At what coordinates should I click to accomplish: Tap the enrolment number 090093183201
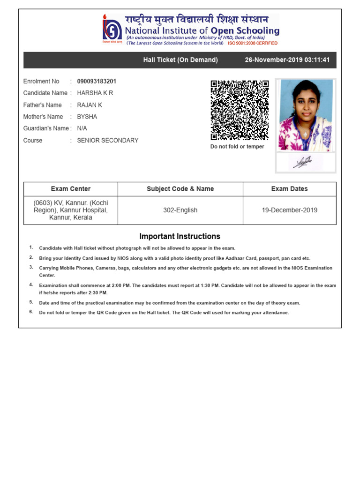[x=97, y=81]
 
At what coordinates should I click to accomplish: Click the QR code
[x=240, y=110]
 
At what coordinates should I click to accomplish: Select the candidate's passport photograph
[x=305, y=115]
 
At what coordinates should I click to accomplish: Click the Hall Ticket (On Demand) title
[x=180, y=60]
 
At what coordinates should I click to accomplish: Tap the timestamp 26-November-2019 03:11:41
[x=287, y=60]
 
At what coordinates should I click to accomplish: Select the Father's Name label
[x=42, y=105]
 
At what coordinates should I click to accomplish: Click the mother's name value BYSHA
[x=87, y=117]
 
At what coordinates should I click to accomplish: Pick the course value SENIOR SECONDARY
[x=107, y=140]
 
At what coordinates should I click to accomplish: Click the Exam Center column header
[x=71, y=189]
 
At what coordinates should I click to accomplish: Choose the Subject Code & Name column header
[x=180, y=189]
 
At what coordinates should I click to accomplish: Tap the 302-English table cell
[x=180, y=210]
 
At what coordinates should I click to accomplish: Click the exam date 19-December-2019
[x=289, y=210]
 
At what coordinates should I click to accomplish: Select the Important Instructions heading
[x=180, y=236]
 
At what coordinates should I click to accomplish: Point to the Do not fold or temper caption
[x=237, y=147]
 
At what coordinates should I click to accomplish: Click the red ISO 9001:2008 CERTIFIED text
[x=253, y=43]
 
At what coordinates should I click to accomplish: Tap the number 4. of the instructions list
[x=31, y=285]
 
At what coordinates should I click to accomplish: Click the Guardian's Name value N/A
[x=82, y=128]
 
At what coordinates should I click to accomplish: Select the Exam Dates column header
[x=289, y=189]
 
